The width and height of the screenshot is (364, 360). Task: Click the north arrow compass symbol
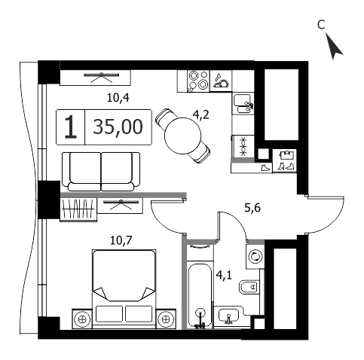(333, 47)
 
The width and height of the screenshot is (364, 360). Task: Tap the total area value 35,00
(118, 127)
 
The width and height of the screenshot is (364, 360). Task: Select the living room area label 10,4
(118, 98)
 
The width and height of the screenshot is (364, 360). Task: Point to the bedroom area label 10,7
(121, 241)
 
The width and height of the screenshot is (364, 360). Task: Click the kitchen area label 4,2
(201, 115)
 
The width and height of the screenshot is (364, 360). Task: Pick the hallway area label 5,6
(252, 208)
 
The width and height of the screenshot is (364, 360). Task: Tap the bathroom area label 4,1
(224, 275)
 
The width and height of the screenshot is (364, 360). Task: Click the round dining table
(183, 136)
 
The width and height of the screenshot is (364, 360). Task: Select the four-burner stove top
(198, 81)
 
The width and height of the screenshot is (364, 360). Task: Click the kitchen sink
(243, 104)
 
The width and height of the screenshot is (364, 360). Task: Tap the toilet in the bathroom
(249, 287)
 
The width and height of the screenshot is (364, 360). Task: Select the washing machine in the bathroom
(255, 257)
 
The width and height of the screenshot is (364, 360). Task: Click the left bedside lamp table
(82, 319)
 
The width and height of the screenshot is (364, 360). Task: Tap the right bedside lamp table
(166, 319)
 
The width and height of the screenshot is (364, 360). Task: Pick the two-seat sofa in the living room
(101, 172)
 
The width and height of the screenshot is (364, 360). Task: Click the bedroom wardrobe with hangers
(78, 209)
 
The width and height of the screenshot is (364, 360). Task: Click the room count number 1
(71, 127)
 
